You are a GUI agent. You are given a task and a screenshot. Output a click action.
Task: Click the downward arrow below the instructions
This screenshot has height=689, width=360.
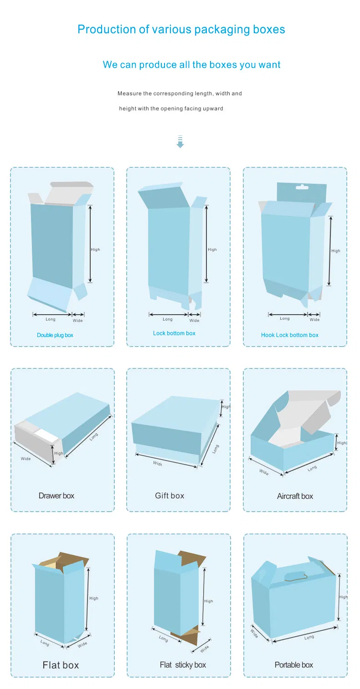coord(180,142)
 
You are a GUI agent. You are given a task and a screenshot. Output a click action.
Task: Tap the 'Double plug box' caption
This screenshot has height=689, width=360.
coord(55,335)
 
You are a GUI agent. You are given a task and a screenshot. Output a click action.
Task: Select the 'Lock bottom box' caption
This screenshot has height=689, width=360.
coord(174,333)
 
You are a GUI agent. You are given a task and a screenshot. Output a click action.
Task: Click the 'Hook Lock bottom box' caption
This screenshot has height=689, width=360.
coord(290,335)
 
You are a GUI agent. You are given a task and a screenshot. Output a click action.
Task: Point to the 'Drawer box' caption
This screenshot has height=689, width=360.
coord(56,496)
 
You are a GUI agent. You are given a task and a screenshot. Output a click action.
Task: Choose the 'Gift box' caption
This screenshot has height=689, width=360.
coord(170,496)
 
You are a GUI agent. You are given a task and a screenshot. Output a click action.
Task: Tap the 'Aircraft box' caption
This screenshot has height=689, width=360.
coord(295,496)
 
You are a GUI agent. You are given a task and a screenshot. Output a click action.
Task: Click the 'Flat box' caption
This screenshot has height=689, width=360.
coord(61,665)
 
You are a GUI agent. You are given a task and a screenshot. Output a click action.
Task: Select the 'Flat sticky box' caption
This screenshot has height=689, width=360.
coord(183,665)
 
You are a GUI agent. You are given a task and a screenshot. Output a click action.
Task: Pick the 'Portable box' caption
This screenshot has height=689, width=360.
coord(293,665)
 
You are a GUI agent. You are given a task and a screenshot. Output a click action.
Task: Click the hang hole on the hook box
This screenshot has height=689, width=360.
coord(302,186)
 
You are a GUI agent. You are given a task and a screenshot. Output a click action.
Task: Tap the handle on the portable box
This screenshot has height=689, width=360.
coord(295,576)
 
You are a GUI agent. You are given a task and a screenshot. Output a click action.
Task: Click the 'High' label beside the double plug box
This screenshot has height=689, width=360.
coord(95,249)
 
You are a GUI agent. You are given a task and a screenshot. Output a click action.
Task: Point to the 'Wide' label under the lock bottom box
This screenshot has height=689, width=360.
coord(194,321)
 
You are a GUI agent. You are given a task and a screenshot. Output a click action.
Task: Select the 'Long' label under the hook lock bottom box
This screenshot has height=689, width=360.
coord(285,318)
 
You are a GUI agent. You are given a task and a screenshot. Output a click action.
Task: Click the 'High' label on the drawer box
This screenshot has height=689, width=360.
coord(59,453)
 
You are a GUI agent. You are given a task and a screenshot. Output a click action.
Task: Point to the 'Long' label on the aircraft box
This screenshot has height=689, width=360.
coord(312,468)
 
